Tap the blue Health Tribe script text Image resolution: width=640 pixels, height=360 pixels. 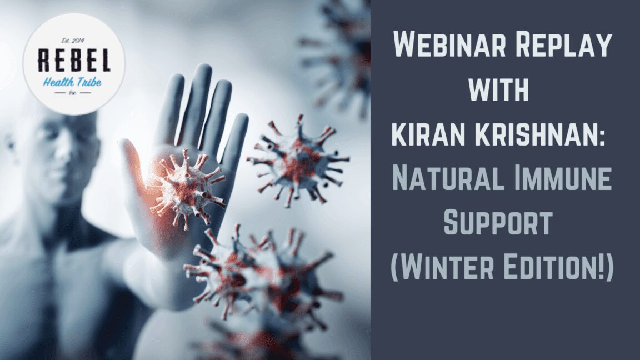pyautogui.click(x=72, y=82)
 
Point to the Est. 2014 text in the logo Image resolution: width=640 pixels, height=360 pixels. pyautogui.click(x=73, y=41)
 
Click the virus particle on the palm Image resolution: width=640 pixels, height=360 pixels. pyautogui.click(x=186, y=188)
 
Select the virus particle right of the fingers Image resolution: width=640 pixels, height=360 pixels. pyautogui.click(x=297, y=160)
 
